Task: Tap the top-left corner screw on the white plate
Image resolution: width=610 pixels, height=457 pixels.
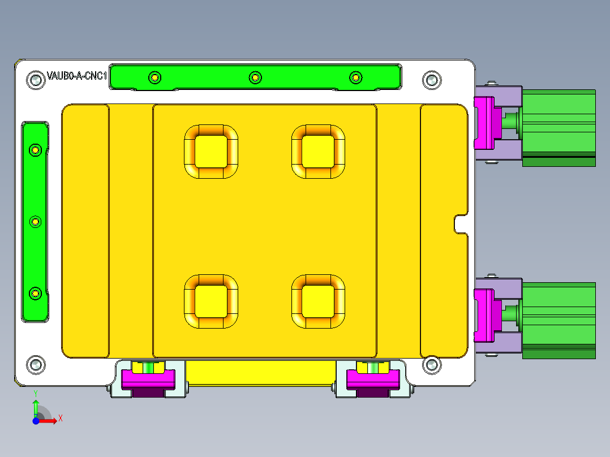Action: click(x=36, y=80)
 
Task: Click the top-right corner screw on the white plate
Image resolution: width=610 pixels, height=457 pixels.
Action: click(x=432, y=80)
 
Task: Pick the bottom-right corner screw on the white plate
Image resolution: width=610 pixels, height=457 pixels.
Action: click(x=432, y=365)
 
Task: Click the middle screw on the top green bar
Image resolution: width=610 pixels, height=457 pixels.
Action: click(x=255, y=77)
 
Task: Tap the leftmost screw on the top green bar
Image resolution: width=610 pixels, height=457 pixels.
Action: click(x=154, y=77)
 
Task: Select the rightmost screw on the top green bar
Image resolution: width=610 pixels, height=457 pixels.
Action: click(x=355, y=77)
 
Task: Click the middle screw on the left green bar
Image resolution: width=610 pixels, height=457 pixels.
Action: click(x=36, y=222)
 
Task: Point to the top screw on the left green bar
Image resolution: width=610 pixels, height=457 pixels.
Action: click(x=36, y=150)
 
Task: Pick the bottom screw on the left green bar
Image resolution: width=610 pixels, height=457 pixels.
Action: click(x=36, y=293)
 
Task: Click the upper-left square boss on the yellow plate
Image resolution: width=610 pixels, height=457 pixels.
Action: click(x=211, y=152)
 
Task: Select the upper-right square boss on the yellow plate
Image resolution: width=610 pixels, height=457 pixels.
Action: click(x=317, y=152)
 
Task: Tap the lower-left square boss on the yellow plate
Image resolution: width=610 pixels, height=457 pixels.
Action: click(x=211, y=301)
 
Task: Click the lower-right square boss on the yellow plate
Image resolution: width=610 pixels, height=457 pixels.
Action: click(x=317, y=301)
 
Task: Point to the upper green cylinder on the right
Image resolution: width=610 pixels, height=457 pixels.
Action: click(x=558, y=127)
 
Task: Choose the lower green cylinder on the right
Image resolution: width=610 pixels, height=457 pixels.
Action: click(x=558, y=320)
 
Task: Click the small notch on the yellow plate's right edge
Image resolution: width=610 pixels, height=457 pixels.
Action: click(x=461, y=223)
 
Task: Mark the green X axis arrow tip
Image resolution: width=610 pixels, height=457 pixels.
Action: click(x=58, y=419)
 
